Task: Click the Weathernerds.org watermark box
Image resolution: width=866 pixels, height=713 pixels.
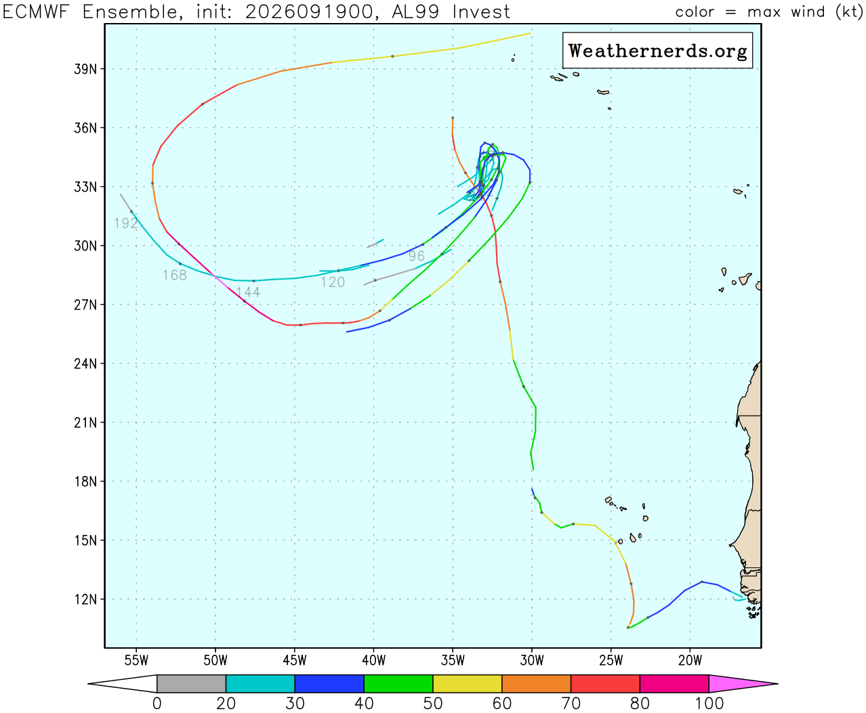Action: click(x=657, y=50)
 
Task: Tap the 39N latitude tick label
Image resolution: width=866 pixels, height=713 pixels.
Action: click(x=85, y=69)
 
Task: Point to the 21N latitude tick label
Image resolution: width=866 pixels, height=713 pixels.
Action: click(x=85, y=423)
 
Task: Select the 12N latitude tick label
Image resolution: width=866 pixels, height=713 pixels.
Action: click(x=85, y=599)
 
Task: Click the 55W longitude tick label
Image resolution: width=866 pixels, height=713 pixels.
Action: click(x=136, y=660)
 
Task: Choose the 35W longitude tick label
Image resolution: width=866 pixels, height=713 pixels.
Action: click(x=453, y=660)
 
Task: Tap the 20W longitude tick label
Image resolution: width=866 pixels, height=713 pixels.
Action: click(x=690, y=660)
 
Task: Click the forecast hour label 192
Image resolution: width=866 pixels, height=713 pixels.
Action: click(x=125, y=223)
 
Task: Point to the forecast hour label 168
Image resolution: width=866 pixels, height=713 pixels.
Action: click(x=175, y=276)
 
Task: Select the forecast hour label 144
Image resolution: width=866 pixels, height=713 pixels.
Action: click(x=248, y=293)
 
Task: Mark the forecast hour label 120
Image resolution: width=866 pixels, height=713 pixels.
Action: click(x=333, y=282)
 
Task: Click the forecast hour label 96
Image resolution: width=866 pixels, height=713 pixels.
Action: click(x=417, y=256)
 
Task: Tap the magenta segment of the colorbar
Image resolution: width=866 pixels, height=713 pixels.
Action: click(x=743, y=684)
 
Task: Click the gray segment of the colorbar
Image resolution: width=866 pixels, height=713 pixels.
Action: click(x=191, y=684)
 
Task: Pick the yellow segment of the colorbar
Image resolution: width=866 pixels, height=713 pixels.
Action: click(x=467, y=684)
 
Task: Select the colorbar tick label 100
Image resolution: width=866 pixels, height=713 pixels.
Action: click(x=708, y=704)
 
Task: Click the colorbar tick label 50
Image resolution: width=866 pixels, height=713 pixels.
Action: click(x=432, y=704)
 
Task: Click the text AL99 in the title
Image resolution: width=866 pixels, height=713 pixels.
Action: click(x=415, y=12)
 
